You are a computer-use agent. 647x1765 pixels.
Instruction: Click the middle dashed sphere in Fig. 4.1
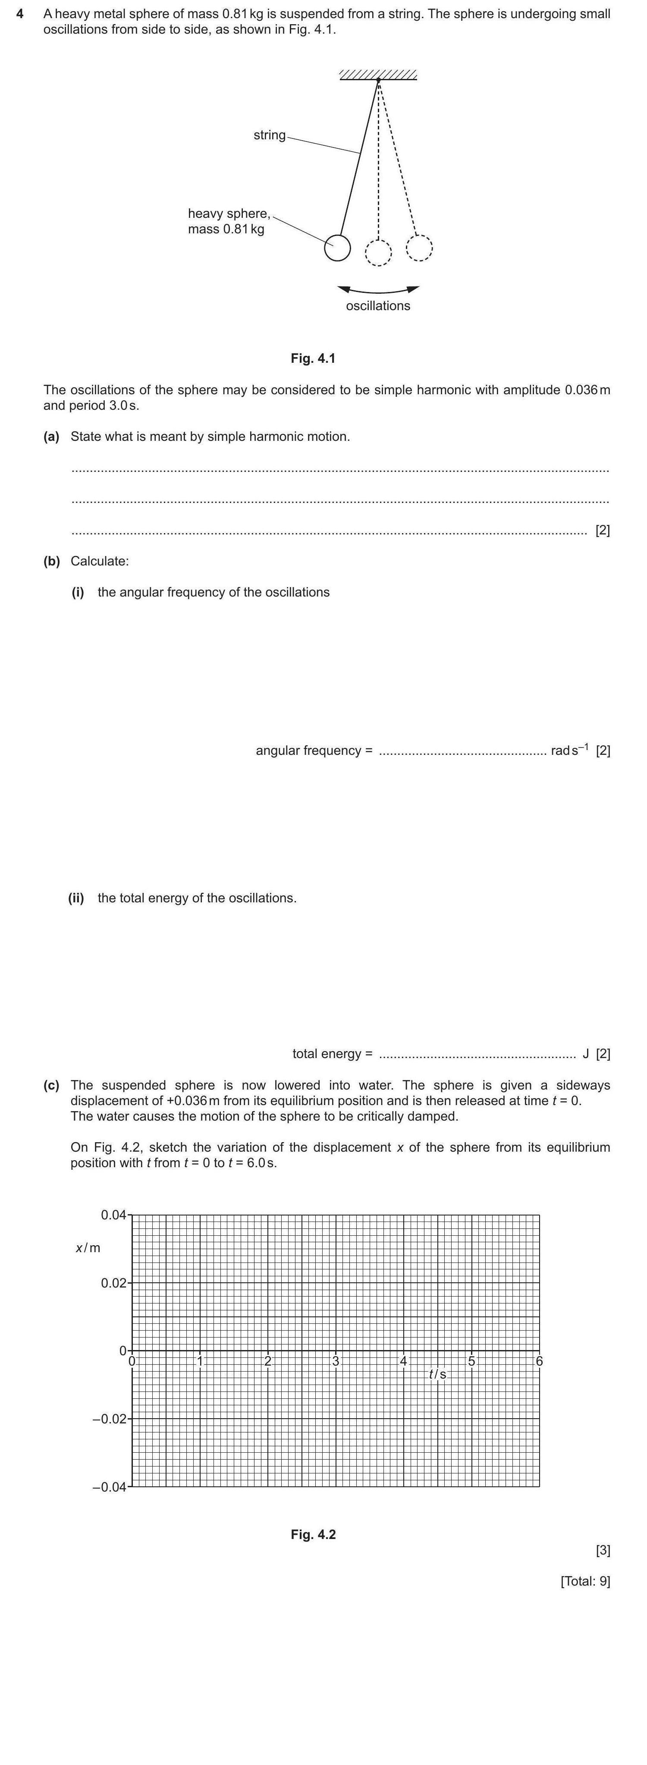point(378,252)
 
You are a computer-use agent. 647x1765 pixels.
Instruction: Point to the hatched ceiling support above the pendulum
point(378,75)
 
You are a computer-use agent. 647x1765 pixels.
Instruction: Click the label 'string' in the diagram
point(269,135)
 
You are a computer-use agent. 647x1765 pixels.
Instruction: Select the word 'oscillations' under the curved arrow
point(378,305)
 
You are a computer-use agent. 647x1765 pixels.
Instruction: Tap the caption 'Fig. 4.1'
point(313,358)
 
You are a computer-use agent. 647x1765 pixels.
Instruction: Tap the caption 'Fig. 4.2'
point(313,1534)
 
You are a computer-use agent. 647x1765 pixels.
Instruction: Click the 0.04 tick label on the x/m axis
point(113,1215)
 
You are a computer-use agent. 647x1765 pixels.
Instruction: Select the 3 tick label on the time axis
point(336,1361)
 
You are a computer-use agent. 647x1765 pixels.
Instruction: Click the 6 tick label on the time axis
point(540,1361)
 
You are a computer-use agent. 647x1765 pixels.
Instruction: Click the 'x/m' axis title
point(88,1248)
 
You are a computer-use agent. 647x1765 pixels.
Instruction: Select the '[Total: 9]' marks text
point(584,1581)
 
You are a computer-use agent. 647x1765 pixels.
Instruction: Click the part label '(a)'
point(51,437)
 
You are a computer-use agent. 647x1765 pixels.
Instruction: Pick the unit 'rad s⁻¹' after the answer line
point(569,750)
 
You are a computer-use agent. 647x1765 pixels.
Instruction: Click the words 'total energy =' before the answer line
point(333,1053)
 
